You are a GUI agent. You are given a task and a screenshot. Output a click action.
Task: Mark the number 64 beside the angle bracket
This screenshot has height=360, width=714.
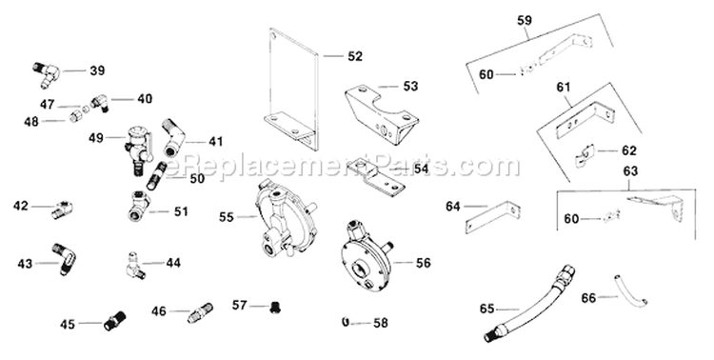coord(453,206)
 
